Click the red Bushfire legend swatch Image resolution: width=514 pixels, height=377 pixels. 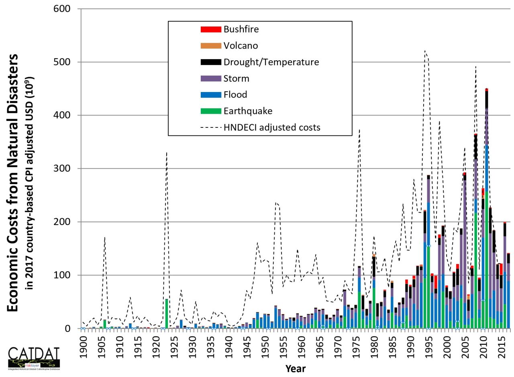pyautogui.click(x=211, y=29)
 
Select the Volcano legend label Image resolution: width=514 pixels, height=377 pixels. pyautogui.click(x=241, y=46)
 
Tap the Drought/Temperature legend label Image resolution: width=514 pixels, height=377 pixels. pyautogui.click(x=271, y=62)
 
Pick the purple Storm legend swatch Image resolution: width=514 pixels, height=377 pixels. pyautogui.click(x=211, y=78)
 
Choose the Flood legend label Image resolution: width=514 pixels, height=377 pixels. pyautogui.click(x=235, y=95)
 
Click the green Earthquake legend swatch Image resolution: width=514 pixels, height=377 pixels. pyautogui.click(x=211, y=111)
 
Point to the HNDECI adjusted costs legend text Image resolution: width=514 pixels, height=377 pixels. pyautogui.click(x=272, y=128)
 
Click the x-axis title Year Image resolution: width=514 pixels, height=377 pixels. pyautogui.click(x=296, y=368)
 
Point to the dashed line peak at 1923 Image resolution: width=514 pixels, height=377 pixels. pyautogui.click(x=167, y=153)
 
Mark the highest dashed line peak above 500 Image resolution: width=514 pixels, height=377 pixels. pyautogui.click(x=425, y=51)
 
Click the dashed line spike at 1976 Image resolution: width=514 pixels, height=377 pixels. pyautogui.click(x=359, y=130)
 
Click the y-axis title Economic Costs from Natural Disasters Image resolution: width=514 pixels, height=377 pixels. pyautogui.click(x=13, y=183)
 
